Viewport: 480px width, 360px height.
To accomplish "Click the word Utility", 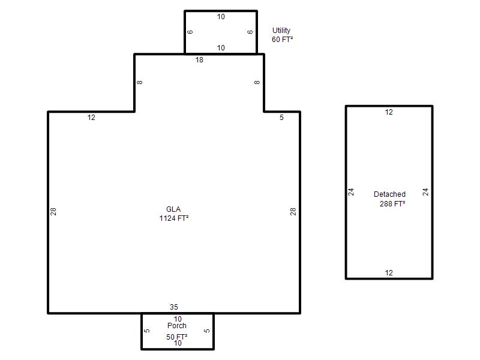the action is [281, 31].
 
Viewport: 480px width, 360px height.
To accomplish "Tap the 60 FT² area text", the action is [282, 40].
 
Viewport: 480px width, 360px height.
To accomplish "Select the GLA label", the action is [173, 209].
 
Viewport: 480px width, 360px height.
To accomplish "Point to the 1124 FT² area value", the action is [174, 218].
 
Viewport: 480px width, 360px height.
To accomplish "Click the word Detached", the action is [389, 194].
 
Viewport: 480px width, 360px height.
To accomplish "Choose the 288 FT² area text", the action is [392, 204].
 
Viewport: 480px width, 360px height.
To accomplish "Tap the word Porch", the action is [177, 326].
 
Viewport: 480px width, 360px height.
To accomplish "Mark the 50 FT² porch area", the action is [177, 337].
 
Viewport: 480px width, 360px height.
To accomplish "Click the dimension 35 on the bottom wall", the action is [174, 307].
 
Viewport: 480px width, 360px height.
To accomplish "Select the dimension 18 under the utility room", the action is [199, 60].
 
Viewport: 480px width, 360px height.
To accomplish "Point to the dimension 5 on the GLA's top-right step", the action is [281, 118].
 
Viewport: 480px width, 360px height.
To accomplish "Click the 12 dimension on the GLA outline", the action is [91, 118].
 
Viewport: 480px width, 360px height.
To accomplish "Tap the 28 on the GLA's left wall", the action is [53, 212].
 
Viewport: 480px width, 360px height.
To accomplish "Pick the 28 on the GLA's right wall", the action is [293, 212].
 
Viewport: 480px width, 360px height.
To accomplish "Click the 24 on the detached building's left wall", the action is [351, 192].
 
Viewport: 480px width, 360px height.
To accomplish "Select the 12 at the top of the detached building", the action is [389, 112].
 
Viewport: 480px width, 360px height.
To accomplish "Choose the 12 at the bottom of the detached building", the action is [389, 273].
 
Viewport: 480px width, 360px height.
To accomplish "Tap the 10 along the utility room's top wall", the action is [221, 17].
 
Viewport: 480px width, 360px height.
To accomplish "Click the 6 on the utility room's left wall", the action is [190, 32].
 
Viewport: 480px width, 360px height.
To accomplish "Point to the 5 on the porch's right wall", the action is [207, 331].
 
